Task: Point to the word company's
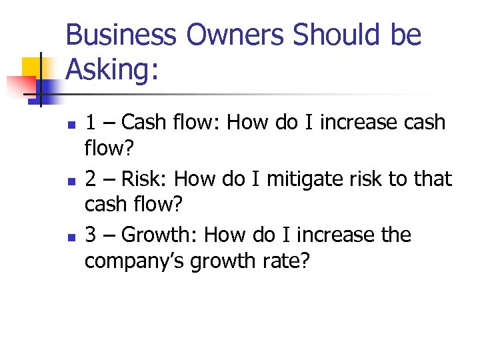[134, 261]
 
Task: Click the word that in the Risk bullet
[434, 179]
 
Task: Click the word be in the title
[405, 35]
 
